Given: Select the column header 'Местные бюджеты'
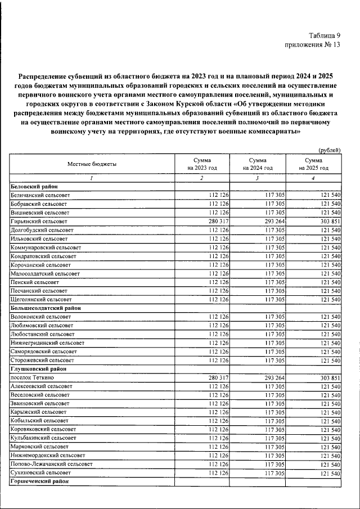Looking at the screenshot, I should (x=92, y=164).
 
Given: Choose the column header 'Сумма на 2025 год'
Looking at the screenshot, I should (x=313, y=164).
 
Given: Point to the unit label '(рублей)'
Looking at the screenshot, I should (x=329, y=150).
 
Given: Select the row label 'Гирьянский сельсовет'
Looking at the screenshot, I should (x=39, y=222).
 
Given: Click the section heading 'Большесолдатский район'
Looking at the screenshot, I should (x=46, y=308).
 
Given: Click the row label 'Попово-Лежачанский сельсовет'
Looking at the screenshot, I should (x=51, y=465).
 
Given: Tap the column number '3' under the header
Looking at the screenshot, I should (x=257, y=178).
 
